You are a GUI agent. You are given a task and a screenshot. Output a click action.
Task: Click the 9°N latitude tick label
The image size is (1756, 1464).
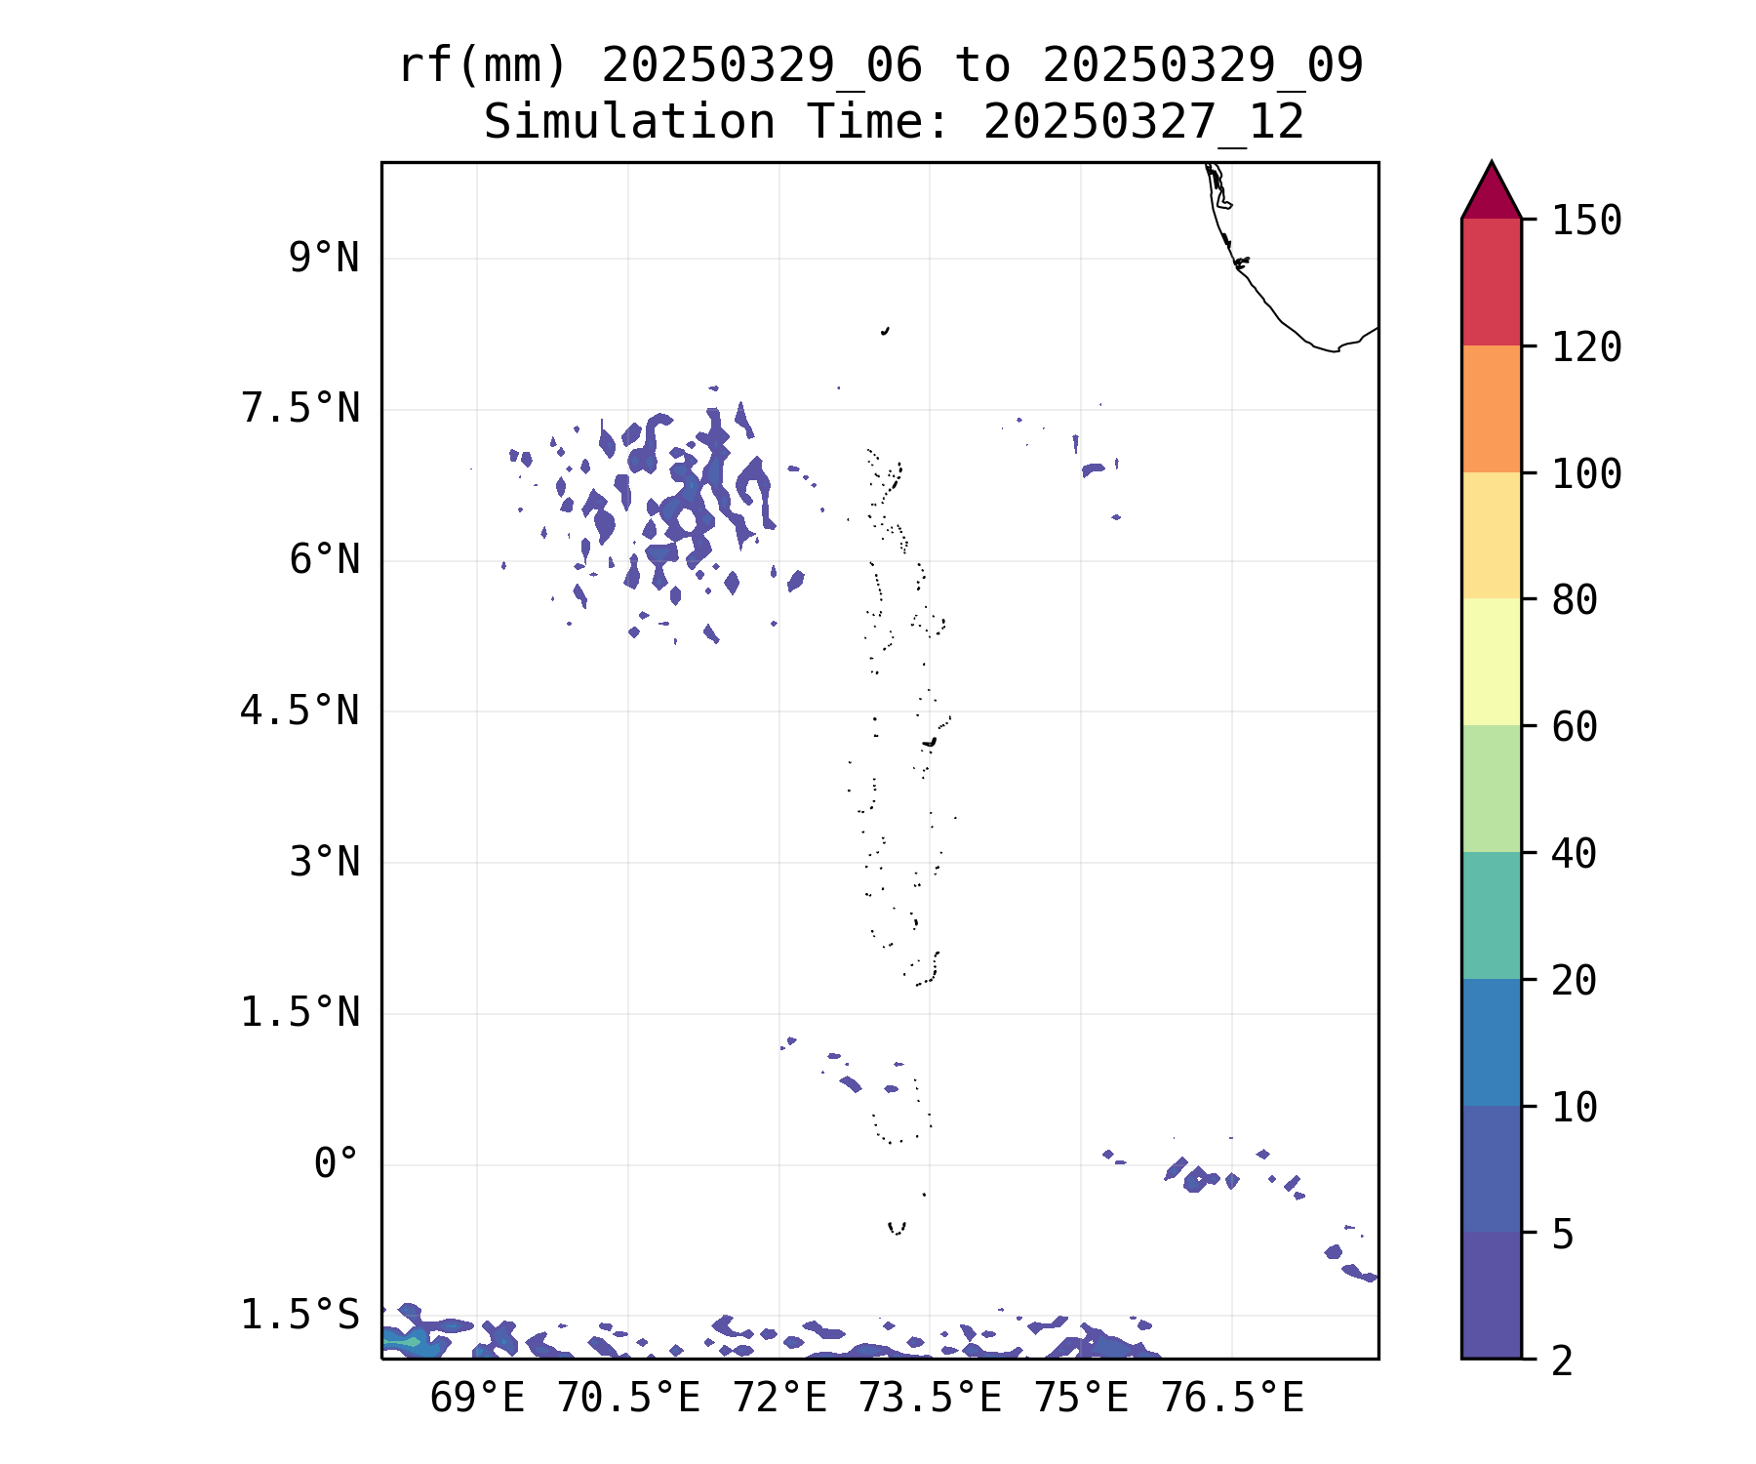coord(323,259)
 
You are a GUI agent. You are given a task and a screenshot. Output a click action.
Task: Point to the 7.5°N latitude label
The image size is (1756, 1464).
coord(299,409)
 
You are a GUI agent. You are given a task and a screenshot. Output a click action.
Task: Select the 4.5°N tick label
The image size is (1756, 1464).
coord(299,712)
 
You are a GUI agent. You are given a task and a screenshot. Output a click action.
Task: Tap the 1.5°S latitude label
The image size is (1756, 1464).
coord(299,1316)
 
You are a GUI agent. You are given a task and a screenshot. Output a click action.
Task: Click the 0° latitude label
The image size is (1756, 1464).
coord(336,1164)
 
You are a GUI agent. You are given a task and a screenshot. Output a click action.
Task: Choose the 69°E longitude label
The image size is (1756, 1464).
coord(477,1399)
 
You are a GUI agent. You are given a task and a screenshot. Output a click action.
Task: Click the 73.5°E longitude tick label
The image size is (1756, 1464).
coord(930,1399)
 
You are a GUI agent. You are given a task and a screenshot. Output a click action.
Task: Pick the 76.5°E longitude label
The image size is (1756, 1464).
coord(1232,1399)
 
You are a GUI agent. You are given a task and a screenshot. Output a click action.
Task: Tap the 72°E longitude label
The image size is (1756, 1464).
coord(779,1399)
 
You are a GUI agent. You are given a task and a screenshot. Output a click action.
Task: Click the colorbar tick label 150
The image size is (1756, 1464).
coord(1586,221)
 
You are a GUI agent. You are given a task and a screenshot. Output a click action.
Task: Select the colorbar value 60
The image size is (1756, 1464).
coord(1575,727)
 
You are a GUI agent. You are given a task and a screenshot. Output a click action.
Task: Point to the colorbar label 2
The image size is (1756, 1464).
coord(1563,1361)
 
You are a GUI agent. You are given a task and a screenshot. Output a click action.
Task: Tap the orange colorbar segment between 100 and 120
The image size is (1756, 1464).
coord(1491,409)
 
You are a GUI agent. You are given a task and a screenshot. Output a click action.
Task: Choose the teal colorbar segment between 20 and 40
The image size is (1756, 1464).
coord(1491,915)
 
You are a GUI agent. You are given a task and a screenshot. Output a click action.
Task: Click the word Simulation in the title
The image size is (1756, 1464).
coord(629,123)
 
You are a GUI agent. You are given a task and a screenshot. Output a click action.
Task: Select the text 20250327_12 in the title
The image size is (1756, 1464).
coord(1143,123)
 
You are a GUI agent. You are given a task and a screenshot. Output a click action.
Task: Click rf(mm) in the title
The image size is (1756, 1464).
coord(483,66)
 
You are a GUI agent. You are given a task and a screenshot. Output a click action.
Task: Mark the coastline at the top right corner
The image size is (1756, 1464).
coord(1268,303)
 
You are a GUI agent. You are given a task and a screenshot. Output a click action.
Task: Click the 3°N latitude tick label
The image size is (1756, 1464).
coord(323,863)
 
